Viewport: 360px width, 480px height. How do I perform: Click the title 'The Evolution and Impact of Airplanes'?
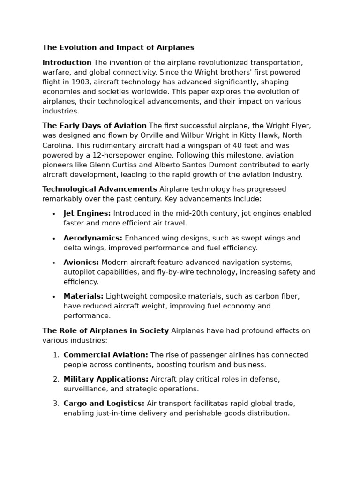[x=118, y=48]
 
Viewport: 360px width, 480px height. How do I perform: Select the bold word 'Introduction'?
[x=67, y=63]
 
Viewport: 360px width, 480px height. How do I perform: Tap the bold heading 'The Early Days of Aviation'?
[x=94, y=126]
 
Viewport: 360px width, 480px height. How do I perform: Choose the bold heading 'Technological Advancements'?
[x=100, y=189]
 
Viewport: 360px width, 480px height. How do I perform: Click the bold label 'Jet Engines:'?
[x=87, y=214]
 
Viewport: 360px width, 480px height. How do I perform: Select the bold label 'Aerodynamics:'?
[x=93, y=238]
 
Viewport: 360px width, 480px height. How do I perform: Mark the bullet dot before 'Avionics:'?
[x=54, y=263]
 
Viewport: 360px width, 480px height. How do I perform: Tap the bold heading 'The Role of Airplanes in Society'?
[x=105, y=331]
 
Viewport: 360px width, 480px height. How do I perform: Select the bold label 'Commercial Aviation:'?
[x=106, y=355]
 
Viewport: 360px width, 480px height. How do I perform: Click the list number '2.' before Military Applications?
[x=56, y=379]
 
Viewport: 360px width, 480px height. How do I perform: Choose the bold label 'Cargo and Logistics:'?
[x=104, y=404]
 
